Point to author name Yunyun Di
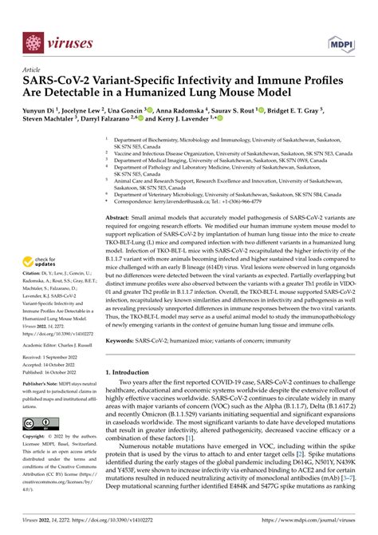[42, 112]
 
